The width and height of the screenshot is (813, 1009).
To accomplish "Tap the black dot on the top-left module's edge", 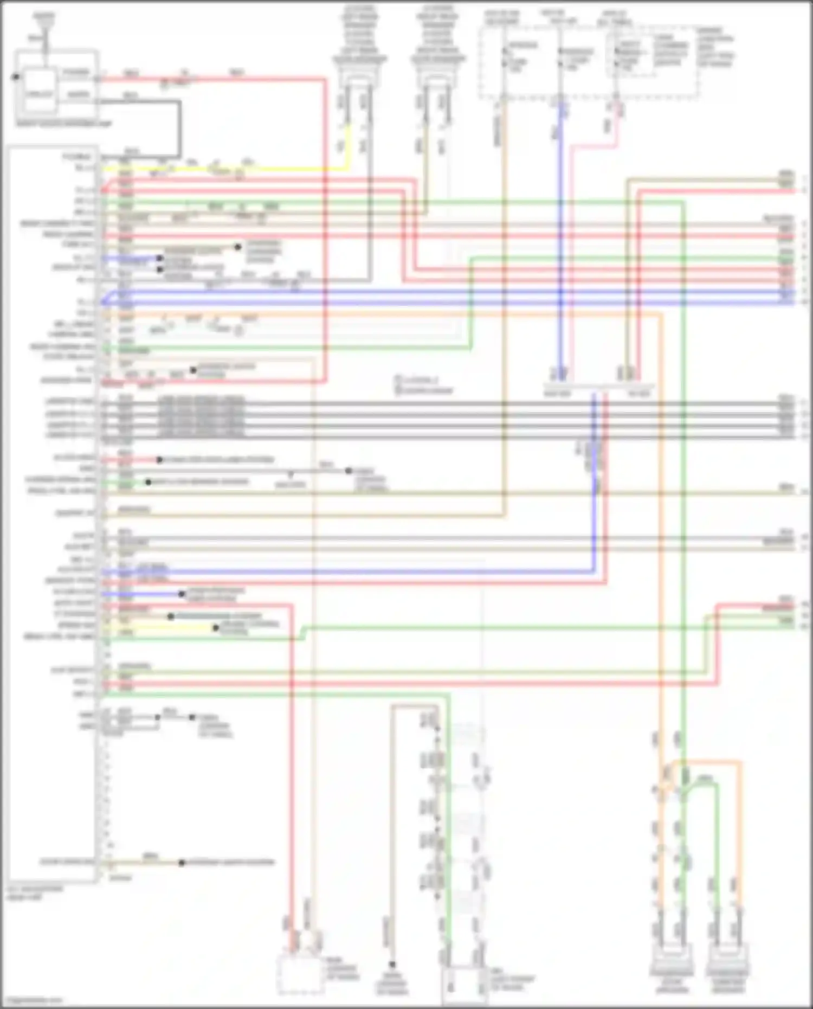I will (x=16, y=78).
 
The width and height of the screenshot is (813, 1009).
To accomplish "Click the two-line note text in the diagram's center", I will (x=424, y=385).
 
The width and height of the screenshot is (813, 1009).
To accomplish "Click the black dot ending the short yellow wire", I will (x=216, y=628).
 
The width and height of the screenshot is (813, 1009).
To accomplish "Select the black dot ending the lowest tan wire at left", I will (x=182, y=863).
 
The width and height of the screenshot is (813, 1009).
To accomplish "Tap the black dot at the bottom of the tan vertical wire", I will (x=392, y=965).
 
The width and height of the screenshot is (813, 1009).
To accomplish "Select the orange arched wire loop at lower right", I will (x=705, y=762).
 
